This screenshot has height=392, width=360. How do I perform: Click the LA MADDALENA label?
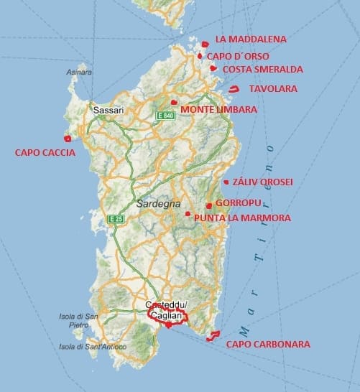pos(250,39)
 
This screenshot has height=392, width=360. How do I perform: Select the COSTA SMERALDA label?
pos(257,70)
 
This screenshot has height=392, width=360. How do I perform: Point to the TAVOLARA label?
pos(272,88)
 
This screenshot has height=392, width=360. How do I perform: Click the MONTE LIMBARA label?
pos(218,109)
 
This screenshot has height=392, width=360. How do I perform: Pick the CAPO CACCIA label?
pos(45,152)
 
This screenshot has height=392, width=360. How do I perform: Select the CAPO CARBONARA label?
pos(268,345)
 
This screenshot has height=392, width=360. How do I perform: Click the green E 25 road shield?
pos(116,218)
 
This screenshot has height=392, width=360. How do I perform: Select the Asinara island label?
pos(78,73)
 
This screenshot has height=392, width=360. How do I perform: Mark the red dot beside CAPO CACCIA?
pos(87,139)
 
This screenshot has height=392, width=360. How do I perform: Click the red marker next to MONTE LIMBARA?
pos(175,103)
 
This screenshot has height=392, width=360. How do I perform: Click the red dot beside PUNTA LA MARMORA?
pos(188,214)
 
